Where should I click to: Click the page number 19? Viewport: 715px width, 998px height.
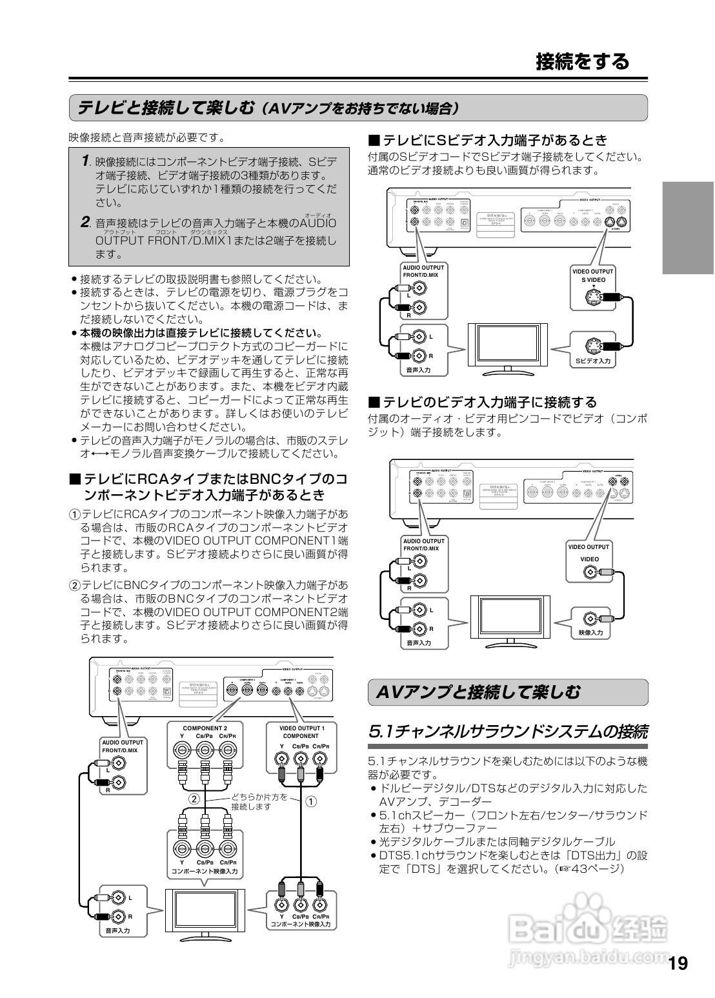(x=678, y=964)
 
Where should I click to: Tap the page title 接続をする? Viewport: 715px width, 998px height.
(x=582, y=61)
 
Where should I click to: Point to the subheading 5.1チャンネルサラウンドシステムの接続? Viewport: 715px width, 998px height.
(x=507, y=732)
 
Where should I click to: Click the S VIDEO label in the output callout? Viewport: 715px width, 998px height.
(x=593, y=280)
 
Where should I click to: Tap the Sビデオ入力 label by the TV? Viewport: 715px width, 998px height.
(x=593, y=361)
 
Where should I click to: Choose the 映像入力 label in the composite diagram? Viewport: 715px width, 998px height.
(x=590, y=633)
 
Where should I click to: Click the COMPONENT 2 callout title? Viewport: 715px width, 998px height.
(x=205, y=728)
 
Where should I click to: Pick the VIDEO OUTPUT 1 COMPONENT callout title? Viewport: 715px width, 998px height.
(x=301, y=732)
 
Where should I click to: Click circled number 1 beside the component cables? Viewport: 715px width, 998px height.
(x=311, y=802)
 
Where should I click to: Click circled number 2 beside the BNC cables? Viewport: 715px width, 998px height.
(x=193, y=799)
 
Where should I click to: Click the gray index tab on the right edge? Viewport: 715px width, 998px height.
(x=687, y=228)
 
